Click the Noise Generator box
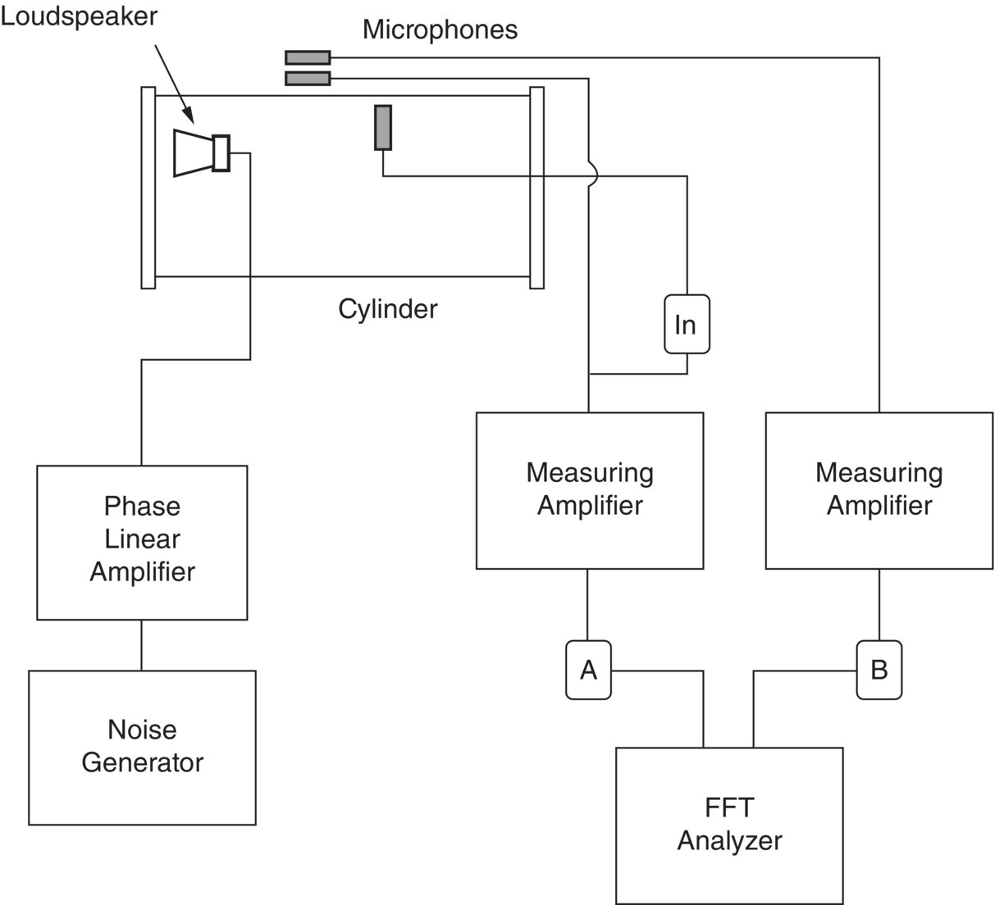(142, 747)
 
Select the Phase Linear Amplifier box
(142, 542)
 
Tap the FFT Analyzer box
(728, 825)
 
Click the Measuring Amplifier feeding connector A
(589, 489)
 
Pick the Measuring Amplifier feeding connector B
(879, 489)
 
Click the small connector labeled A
(588, 671)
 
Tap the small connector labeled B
(879, 671)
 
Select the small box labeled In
(686, 325)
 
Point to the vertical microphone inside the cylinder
(383, 127)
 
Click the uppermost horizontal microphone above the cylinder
(308, 57)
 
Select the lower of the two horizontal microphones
(308, 79)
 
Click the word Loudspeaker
(79, 16)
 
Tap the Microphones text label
(440, 30)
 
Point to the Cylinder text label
(387, 309)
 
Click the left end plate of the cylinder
(148, 188)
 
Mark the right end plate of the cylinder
(536, 188)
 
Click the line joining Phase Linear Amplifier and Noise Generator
(142, 645)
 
